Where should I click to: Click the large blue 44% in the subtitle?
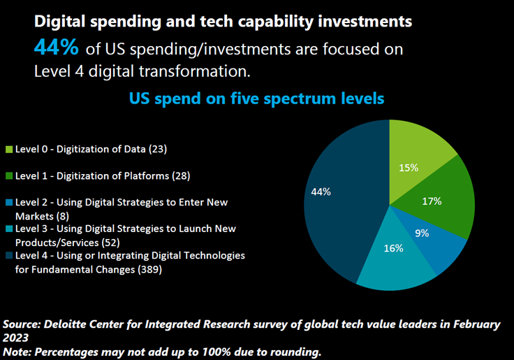click(57, 48)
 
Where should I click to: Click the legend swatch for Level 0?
click(9, 149)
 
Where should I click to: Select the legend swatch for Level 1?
click(9, 176)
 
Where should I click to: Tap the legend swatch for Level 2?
click(9, 203)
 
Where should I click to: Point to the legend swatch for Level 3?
click(9, 229)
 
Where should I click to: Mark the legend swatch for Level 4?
click(9, 256)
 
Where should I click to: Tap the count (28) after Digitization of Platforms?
click(180, 176)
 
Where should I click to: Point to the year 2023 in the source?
click(17, 338)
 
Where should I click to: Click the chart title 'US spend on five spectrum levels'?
click(256, 99)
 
